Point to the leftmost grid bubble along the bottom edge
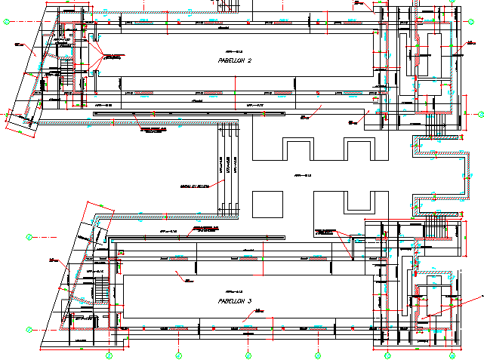click(x=108, y=354)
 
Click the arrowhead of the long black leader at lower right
click(x=426, y=316)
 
